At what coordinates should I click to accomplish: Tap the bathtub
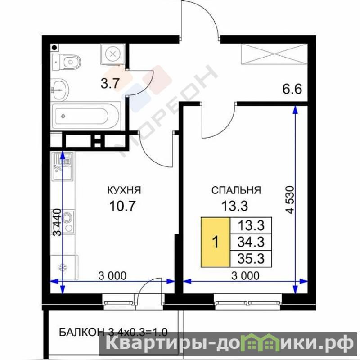pyautogui.click(x=86, y=116)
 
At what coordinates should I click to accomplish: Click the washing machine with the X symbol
pyautogui.click(x=112, y=54)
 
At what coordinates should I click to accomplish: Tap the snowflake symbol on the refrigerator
pyautogui.click(x=63, y=267)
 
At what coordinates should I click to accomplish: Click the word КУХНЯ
pyautogui.click(x=124, y=190)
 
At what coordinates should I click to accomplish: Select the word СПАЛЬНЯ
pyautogui.click(x=236, y=190)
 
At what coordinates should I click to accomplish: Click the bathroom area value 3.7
pyautogui.click(x=110, y=83)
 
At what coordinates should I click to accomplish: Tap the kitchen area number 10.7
pyautogui.click(x=123, y=206)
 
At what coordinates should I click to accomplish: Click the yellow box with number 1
pyautogui.click(x=216, y=242)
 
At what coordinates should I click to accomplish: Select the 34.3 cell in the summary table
pyautogui.click(x=251, y=242)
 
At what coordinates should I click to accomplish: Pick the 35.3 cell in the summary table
pyautogui.click(x=251, y=259)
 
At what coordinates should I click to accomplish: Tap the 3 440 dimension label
pyautogui.click(x=57, y=222)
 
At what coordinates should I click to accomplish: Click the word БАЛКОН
pyautogui.click(x=81, y=332)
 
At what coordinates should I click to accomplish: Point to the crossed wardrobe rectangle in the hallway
pyautogui.click(x=274, y=54)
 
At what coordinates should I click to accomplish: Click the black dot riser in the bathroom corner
pyautogui.click(x=54, y=48)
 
